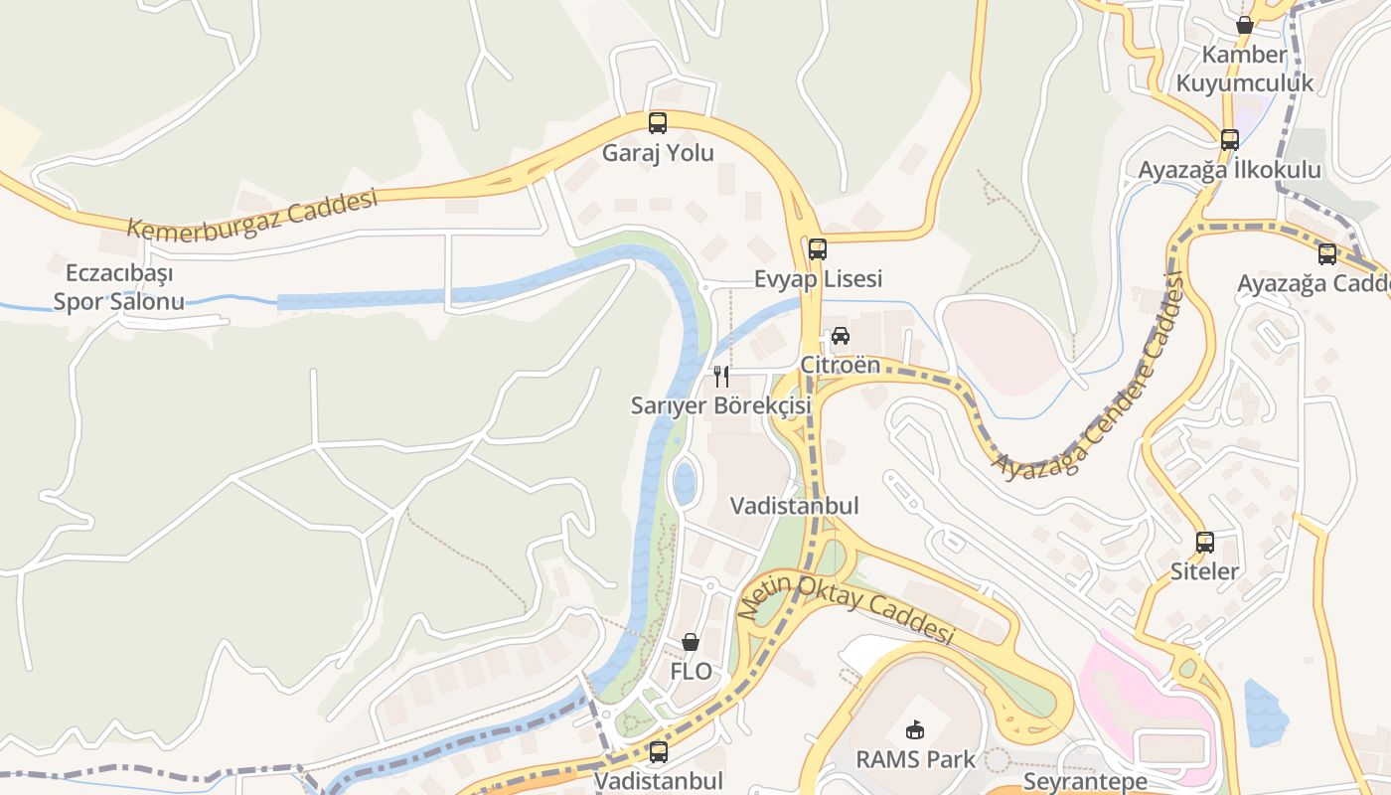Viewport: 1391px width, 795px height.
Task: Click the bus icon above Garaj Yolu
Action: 657,123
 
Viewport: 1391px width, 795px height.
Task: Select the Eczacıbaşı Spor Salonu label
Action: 118,287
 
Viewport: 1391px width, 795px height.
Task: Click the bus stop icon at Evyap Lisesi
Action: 817,249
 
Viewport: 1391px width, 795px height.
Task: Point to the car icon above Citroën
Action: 841,336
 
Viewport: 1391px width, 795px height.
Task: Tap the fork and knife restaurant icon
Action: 721,377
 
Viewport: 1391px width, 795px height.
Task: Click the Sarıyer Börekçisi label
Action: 721,405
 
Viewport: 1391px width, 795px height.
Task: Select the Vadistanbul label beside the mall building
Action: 794,506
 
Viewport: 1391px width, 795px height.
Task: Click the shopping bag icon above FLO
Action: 691,642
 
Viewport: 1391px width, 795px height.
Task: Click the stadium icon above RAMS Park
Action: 915,730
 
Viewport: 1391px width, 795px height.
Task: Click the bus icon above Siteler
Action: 1205,543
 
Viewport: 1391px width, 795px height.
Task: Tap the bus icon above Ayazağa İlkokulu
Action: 1230,140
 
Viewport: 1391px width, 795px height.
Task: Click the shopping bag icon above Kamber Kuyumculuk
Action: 1244,25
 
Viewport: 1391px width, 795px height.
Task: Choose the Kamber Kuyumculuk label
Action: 1244,69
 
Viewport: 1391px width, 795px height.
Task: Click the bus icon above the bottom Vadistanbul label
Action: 658,752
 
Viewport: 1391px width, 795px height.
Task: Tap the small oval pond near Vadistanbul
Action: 685,483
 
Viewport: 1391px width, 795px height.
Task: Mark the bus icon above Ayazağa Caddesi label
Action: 1327,254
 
